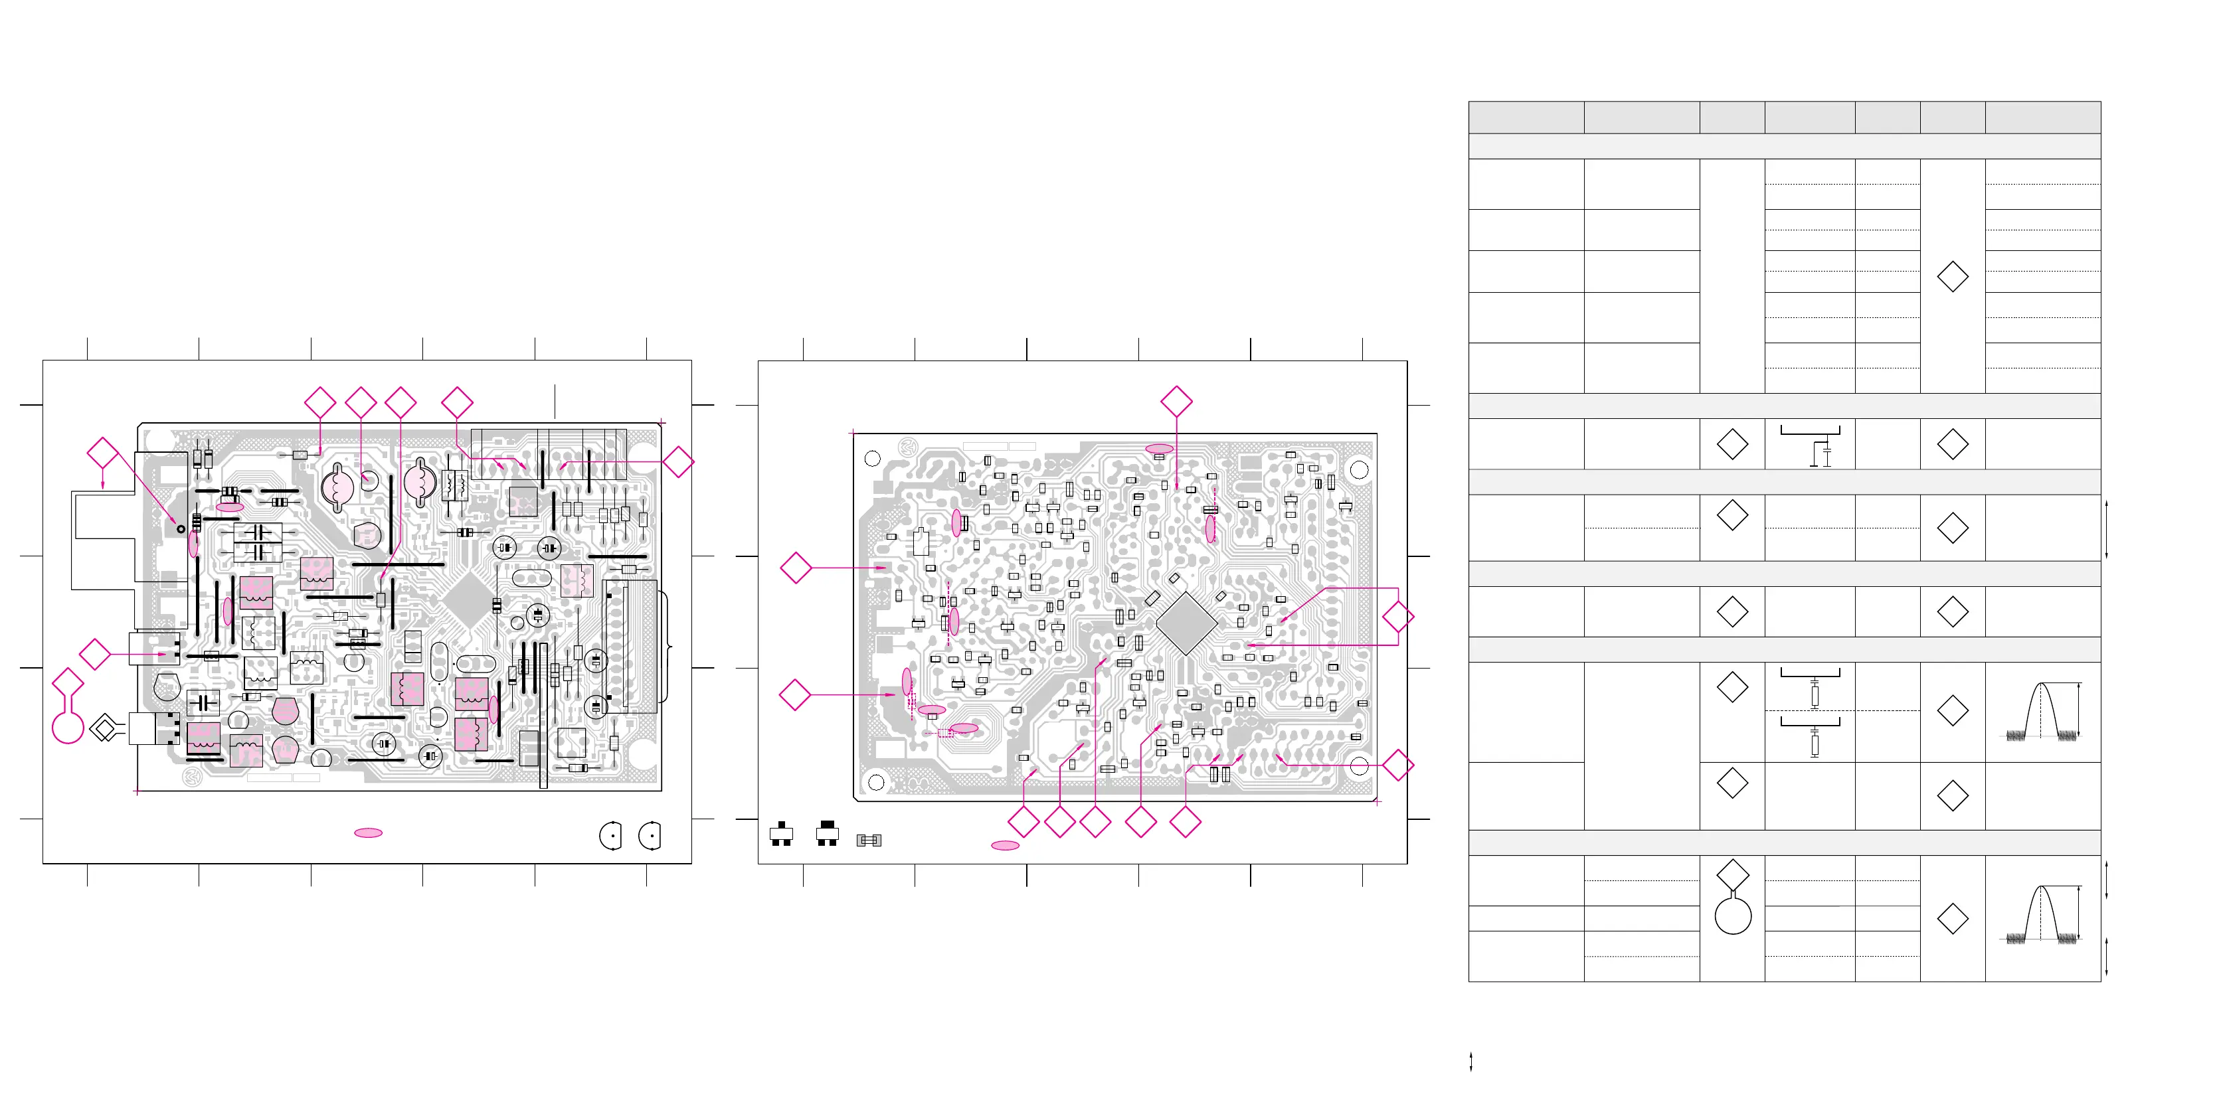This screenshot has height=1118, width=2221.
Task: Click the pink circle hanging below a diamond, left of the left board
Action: pyautogui.click(x=68, y=727)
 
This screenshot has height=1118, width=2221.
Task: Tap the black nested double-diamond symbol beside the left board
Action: pyautogui.click(x=104, y=729)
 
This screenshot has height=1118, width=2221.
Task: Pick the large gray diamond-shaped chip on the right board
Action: pyautogui.click(x=1186, y=622)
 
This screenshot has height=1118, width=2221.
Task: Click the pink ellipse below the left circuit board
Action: pyautogui.click(x=368, y=833)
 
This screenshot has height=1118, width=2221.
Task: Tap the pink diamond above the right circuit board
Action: pyautogui.click(x=1176, y=401)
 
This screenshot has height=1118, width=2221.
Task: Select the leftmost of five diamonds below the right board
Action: pyautogui.click(x=1023, y=823)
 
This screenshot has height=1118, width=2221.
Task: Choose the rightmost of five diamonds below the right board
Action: pyautogui.click(x=1186, y=823)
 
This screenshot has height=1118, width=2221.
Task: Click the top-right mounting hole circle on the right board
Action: pyautogui.click(x=1359, y=470)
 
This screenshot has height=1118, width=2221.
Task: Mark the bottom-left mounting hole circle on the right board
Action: pyautogui.click(x=876, y=782)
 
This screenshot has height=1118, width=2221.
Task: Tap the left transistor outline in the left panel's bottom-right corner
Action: pyautogui.click(x=610, y=835)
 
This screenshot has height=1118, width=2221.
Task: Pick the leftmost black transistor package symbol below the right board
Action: pyautogui.click(x=781, y=835)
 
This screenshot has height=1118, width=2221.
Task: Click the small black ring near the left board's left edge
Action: pyautogui.click(x=181, y=528)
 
